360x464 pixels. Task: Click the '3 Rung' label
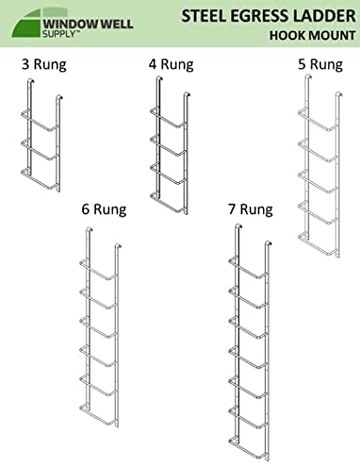coord(44,64)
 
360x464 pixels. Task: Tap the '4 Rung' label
coord(171,64)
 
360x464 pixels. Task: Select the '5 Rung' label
coord(320,64)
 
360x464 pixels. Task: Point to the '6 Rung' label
coord(104,209)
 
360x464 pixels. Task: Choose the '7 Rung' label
coord(251,209)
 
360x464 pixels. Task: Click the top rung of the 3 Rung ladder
coord(39,120)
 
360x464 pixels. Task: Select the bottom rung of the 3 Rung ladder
coord(39,179)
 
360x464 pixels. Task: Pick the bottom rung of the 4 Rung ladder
coord(169,203)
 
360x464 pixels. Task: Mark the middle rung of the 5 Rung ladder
coord(318,181)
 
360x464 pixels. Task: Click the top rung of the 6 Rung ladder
coord(99,270)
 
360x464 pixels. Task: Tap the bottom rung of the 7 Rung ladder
coord(248,448)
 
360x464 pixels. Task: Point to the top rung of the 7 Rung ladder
coord(248,267)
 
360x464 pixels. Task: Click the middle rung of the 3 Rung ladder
coord(39,150)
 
